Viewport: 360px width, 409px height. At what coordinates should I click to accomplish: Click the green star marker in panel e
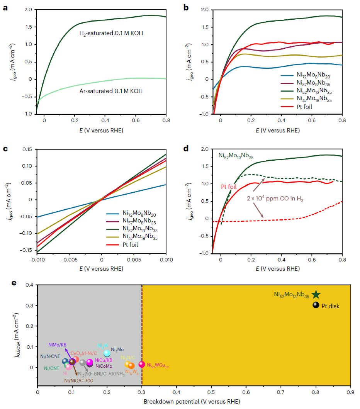pyautogui.click(x=316, y=295)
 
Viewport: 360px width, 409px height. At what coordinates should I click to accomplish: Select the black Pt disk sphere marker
pyautogui.click(x=316, y=305)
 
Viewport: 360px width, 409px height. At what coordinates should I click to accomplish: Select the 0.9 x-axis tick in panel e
pyautogui.click(x=350, y=392)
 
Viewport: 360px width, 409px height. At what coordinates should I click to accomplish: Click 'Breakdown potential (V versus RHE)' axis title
pyautogui.click(x=192, y=402)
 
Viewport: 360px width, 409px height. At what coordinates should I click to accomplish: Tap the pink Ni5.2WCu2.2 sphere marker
pyautogui.click(x=142, y=364)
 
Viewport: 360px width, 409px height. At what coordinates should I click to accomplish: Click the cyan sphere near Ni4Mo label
pyautogui.click(x=107, y=353)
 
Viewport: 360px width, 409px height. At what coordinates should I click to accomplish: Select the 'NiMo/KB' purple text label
pyautogui.click(x=58, y=344)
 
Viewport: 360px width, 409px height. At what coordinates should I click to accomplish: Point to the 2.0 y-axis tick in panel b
pyautogui.click(x=205, y=9)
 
